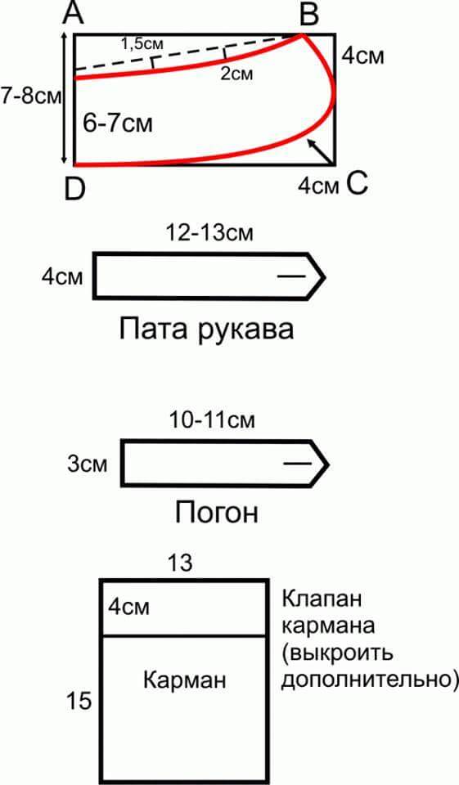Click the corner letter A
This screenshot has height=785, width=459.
pos(74,14)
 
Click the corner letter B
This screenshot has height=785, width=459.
pos(308,14)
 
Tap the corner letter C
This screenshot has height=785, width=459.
pos(357,184)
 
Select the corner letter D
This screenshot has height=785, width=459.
pos(75,191)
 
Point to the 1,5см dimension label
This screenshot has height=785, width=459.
pos(142,43)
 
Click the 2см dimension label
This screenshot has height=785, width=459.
pos(236,74)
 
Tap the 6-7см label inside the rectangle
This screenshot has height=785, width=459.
pos(117,123)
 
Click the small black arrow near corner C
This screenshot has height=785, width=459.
pos(320,152)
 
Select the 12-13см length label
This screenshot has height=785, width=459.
pos(210,233)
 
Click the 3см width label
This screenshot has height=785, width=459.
pos(88,464)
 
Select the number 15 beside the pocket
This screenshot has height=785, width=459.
pos(79,701)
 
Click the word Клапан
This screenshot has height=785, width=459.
pos(322,599)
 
